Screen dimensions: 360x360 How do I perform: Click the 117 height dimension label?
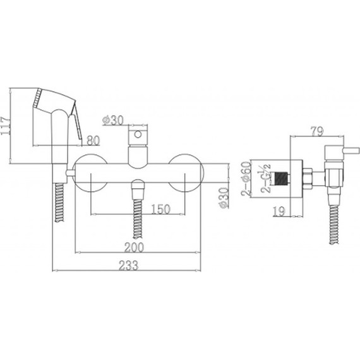click(x=5, y=126)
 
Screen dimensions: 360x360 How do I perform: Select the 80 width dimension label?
click(x=93, y=140)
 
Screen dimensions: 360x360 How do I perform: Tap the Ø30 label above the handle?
click(x=113, y=120)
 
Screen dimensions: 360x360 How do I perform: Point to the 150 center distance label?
click(x=160, y=209)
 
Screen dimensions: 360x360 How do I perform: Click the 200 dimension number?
click(x=135, y=247)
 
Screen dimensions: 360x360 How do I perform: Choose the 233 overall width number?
click(x=129, y=265)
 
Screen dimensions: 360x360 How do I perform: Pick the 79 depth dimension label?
click(x=317, y=131)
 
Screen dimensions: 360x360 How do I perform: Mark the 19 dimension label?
click(x=279, y=211)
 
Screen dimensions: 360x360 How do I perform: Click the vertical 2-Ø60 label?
click(x=246, y=178)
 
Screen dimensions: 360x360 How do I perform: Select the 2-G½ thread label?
click(x=266, y=178)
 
